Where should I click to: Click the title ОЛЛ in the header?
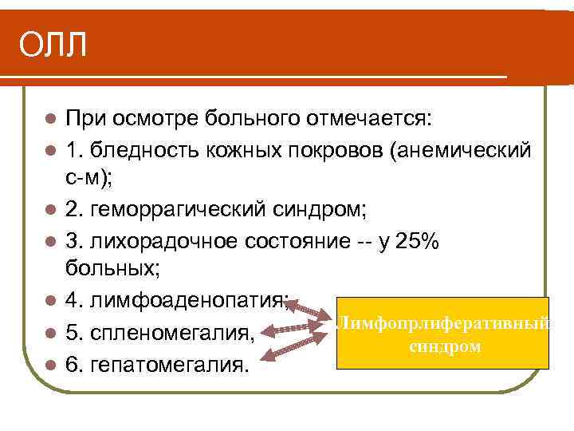53,46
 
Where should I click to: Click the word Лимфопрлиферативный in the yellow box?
444,324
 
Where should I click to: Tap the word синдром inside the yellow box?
444,347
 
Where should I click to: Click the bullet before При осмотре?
50,121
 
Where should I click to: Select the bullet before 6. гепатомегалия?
50,366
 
